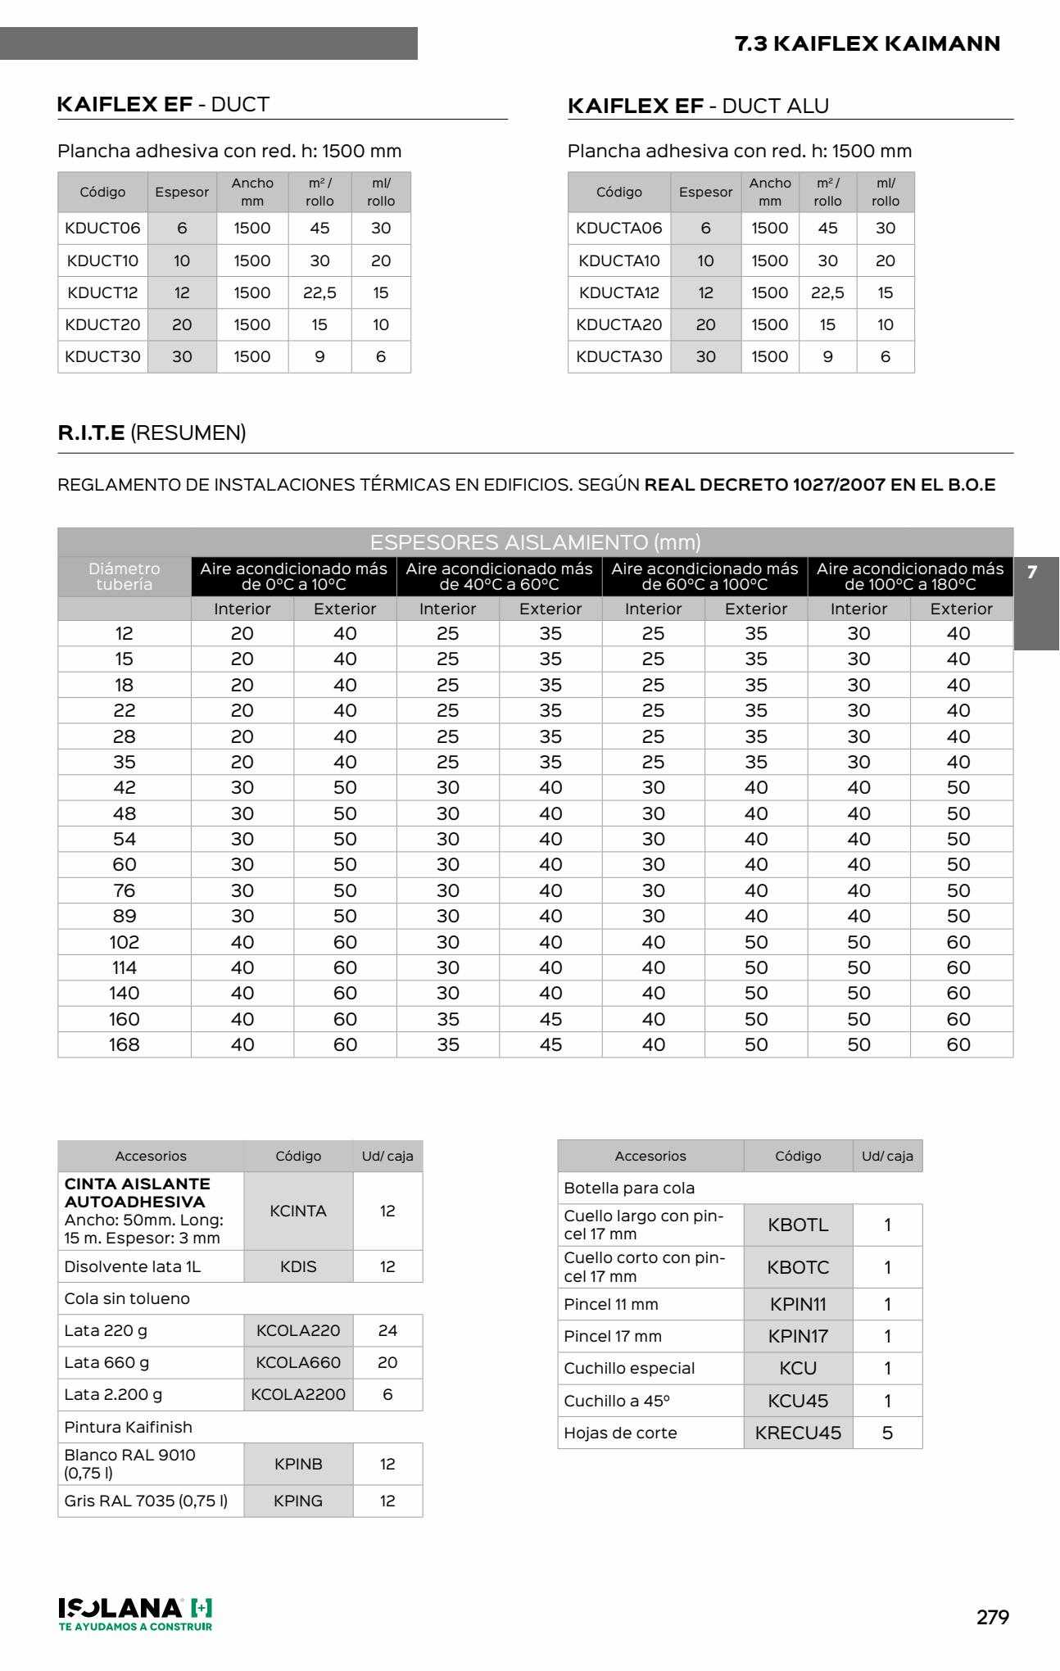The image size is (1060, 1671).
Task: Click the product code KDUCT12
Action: click(x=102, y=292)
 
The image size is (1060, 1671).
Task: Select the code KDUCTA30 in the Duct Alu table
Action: click(x=618, y=356)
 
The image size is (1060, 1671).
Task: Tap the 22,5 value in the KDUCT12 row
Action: click(x=319, y=292)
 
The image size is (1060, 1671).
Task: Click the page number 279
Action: click(x=992, y=1617)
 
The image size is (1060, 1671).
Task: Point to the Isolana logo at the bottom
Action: click(x=135, y=1613)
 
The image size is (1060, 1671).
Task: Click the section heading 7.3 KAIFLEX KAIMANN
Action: click(x=867, y=43)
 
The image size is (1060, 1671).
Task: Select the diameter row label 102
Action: click(x=124, y=942)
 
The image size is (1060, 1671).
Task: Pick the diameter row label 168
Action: click(x=124, y=1044)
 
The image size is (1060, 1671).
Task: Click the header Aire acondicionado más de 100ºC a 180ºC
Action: click(x=909, y=577)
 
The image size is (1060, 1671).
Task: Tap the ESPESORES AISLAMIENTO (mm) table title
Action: click(x=535, y=542)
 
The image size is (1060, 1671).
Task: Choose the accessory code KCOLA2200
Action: click(x=298, y=1394)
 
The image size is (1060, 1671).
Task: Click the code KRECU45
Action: click(x=798, y=1433)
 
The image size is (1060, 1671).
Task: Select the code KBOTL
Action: click(x=798, y=1225)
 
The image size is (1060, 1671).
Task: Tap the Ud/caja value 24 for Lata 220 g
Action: click(x=387, y=1330)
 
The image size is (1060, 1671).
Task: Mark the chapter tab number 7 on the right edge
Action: click(x=1032, y=572)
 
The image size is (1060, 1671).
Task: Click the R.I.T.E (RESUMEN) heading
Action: click(x=152, y=432)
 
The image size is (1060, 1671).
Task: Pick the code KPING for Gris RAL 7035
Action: click(x=298, y=1501)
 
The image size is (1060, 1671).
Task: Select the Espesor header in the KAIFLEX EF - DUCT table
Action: click(x=182, y=192)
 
